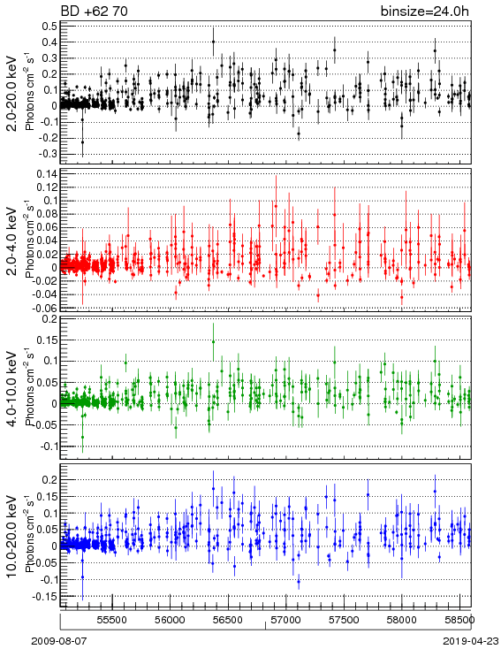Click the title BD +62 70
pyautogui.click(x=94, y=11)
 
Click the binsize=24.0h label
pyautogui.click(x=425, y=11)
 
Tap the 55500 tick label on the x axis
pyautogui.click(x=112, y=620)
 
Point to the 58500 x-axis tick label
pyautogui.click(x=459, y=620)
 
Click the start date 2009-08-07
pyautogui.click(x=59, y=641)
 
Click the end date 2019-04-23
pyautogui.click(x=471, y=641)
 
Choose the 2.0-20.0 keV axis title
pyautogui.click(x=11, y=94)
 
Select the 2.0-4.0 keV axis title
pyautogui.click(x=11, y=241)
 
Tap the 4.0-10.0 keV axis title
pyautogui.click(x=11, y=389)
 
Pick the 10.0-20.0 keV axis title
pyautogui.click(x=11, y=536)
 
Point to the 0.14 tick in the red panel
pyautogui.click(x=46, y=174)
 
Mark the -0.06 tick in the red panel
pyautogui.click(x=45, y=308)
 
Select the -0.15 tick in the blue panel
pyautogui.click(x=45, y=597)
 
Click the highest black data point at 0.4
pyautogui.click(x=213, y=42)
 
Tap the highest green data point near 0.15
pyautogui.click(x=213, y=342)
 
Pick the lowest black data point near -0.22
pyautogui.click(x=82, y=142)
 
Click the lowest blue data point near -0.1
pyautogui.click(x=299, y=582)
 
